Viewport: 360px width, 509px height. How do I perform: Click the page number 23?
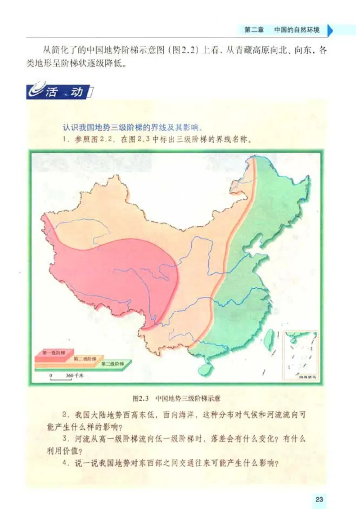coord(319,499)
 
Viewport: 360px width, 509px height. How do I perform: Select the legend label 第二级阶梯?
coord(85,358)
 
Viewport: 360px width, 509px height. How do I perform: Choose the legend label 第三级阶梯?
coord(111,363)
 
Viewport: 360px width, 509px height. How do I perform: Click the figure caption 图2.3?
coord(141,398)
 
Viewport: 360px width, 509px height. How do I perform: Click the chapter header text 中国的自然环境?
coord(297,30)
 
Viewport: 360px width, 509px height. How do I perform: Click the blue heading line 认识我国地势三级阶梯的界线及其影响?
coord(135,126)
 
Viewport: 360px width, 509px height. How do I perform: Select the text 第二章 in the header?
coord(254,30)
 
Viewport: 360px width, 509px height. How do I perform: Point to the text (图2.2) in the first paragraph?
coord(184,50)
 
